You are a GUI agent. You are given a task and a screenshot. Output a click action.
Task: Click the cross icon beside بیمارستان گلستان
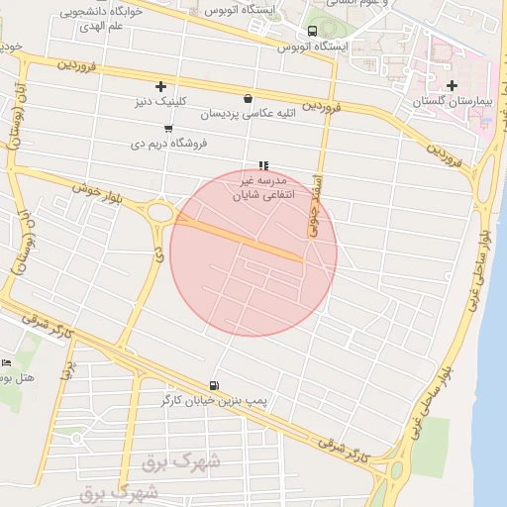453,86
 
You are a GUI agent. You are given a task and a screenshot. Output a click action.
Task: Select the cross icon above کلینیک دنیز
161,86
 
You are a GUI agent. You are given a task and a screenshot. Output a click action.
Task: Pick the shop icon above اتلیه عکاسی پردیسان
247,99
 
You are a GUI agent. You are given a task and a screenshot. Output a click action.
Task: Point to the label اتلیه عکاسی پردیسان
247,115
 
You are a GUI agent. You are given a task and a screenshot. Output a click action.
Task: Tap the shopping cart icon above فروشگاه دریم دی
167,129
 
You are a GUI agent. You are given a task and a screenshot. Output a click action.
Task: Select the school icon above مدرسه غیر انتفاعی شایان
262,165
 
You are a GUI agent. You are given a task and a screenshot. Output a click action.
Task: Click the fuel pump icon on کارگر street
214,385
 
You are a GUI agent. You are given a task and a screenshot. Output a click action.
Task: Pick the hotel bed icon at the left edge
5,362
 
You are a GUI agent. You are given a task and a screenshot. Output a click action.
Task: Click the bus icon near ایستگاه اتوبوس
313,32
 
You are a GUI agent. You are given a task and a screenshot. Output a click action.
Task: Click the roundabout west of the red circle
158,210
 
